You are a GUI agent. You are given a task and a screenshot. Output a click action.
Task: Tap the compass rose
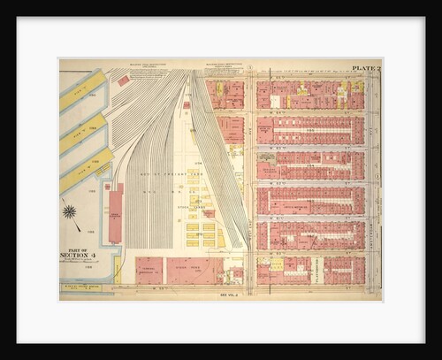click(x=70, y=212)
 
